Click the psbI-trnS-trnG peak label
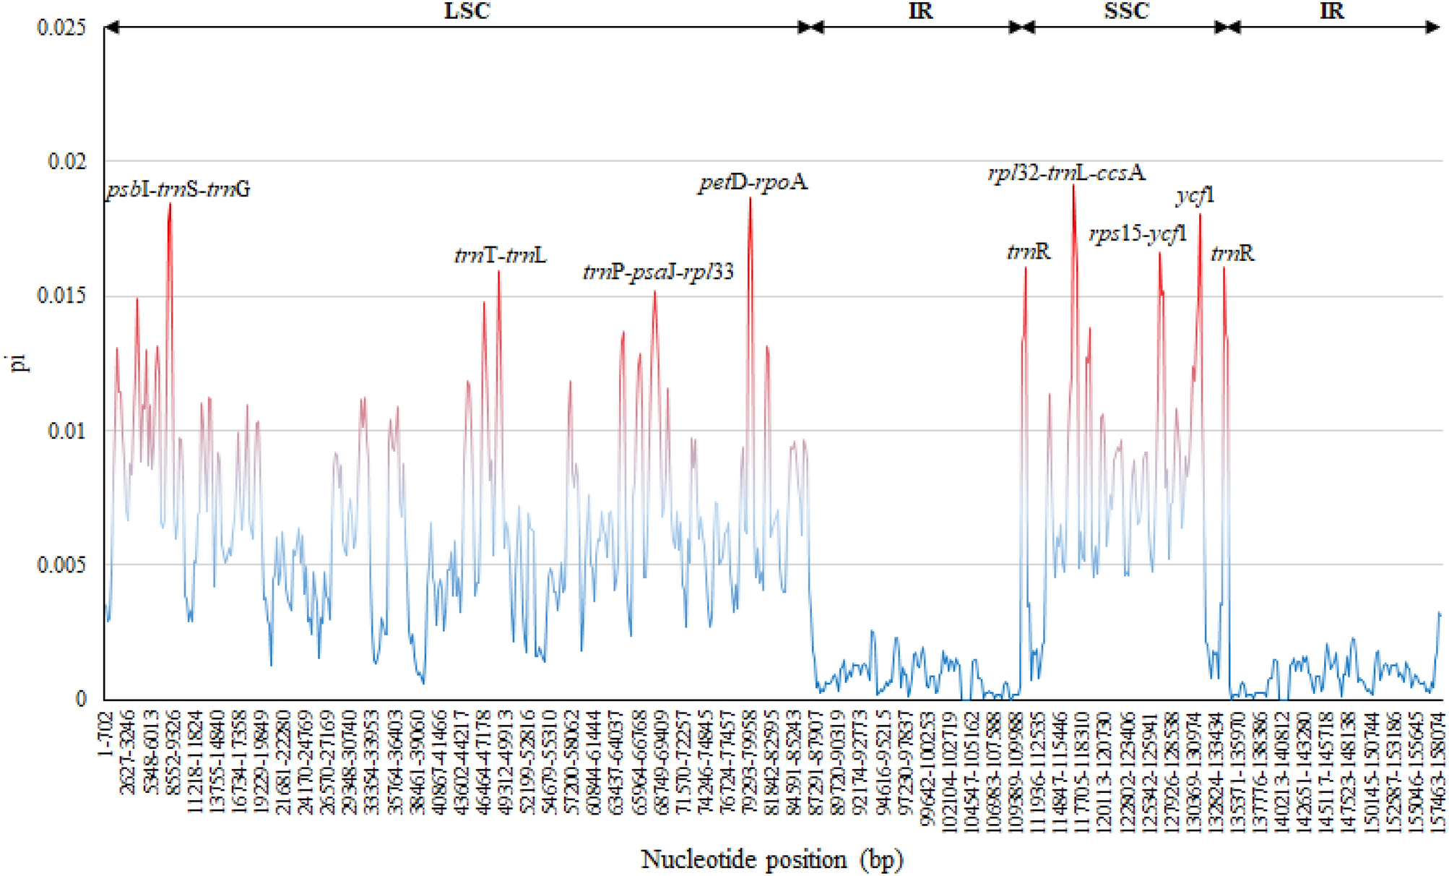tap(178, 190)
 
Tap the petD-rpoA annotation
tap(752, 182)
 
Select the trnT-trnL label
tap(500, 255)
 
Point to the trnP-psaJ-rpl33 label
tap(658, 272)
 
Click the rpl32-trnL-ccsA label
tap(1066, 173)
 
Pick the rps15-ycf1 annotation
tap(1138, 235)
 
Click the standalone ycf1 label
tap(1195, 195)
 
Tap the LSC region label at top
tap(466, 11)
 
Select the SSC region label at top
tap(1126, 11)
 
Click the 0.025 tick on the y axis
tap(61, 27)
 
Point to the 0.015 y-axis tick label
tap(61, 296)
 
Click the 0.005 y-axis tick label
tap(61, 564)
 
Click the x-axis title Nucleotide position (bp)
tap(772, 859)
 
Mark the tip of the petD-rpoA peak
tap(750, 197)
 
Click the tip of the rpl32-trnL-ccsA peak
tap(1073, 185)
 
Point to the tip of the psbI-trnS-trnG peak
tap(170, 204)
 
